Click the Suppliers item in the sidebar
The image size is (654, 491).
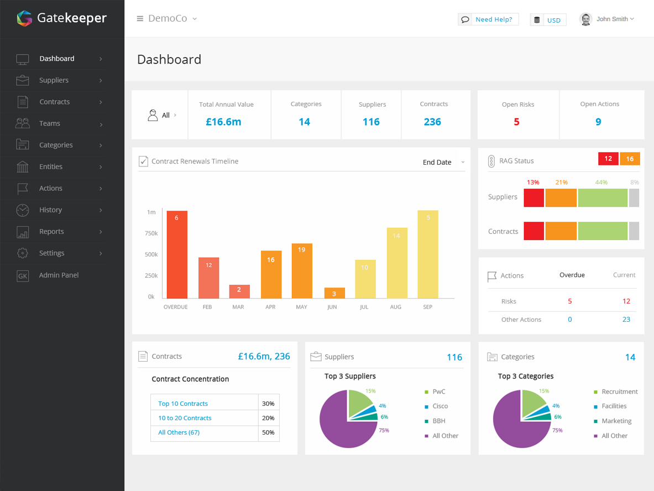pyautogui.click(x=54, y=80)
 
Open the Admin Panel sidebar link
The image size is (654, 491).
pyautogui.click(x=59, y=275)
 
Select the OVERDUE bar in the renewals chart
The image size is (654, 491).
pyautogui.click(x=177, y=254)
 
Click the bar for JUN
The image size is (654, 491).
pyautogui.click(x=334, y=293)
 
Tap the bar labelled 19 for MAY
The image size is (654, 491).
pyautogui.click(x=302, y=271)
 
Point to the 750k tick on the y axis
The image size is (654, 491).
pyautogui.click(x=151, y=233)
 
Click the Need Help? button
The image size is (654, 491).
pyautogui.click(x=488, y=19)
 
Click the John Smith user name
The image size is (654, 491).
pyautogui.click(x=612, y=19)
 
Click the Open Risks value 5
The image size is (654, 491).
pyautogui.click(x=516, y=122)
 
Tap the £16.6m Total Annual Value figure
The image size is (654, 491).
pyautogui.click(x=223, y=122)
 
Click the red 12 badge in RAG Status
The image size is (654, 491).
pyautogui.click(x=608, y=159)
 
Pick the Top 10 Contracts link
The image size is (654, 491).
pyautogui.click(x=183, y=404)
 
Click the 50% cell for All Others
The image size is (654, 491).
pyautogui.click(x=268, y=432)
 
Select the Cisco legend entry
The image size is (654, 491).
pyautogui.click(x=440, y=406)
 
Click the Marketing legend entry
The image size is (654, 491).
pyautogui.click(x=616, y=421)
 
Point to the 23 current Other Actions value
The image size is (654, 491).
pyautogui.click(x=626, y=319)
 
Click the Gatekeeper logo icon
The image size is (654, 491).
pyautogui.click(x=24, y=18)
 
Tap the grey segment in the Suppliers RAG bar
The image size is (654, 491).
pyautogui.click(x=634, y=197)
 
